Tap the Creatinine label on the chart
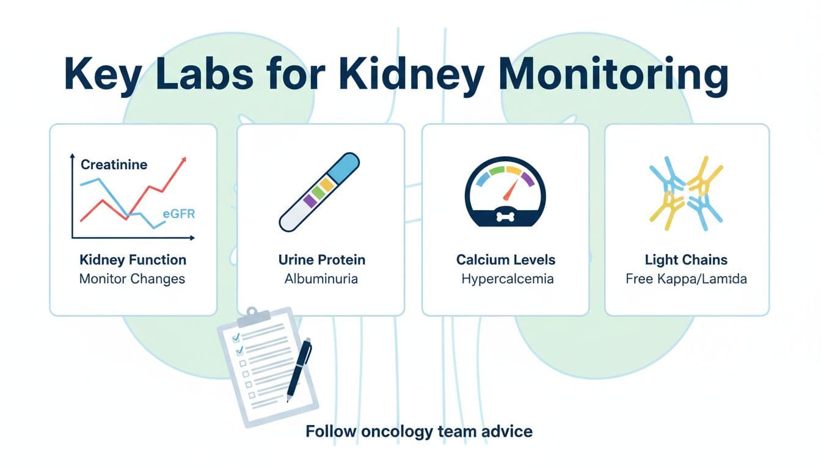(114, 165)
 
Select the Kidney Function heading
(133, 260)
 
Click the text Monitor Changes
(132, 279)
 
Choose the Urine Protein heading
(321, 260)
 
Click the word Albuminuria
(321, 279)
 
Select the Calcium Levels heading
(506, 260)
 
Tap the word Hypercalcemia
(507, 279)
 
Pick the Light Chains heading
(686, 260)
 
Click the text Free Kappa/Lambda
(686, 279)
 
